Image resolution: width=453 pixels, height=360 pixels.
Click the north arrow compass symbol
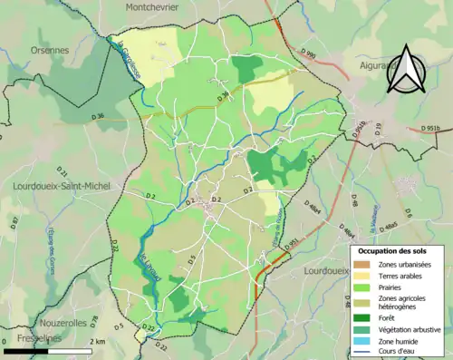tap(407, 69)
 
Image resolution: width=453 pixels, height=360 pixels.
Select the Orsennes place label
tap(50, 52)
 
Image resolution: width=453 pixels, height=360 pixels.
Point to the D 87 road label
tap(14, 222)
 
